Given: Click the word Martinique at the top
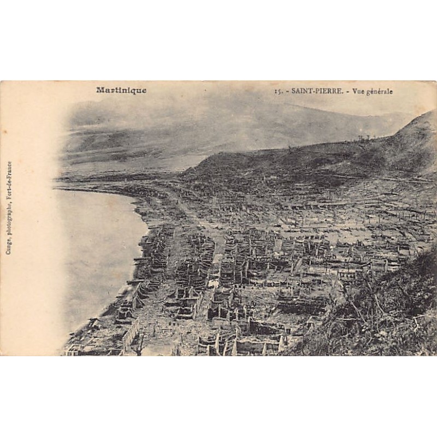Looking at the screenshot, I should pos(121,91).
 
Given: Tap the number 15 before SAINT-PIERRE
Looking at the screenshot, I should pos(277,92).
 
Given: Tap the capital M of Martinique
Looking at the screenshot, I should pos(100,91).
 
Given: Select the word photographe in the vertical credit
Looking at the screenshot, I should pos(9,219).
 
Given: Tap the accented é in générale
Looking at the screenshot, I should pos(373,92).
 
